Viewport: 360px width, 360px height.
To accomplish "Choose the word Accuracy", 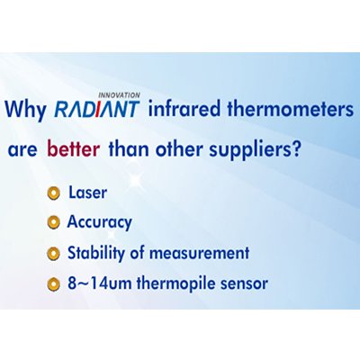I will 99,222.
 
